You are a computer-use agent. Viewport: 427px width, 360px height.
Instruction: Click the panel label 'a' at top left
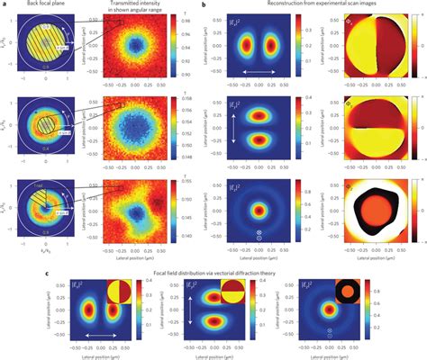coord(4,4)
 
